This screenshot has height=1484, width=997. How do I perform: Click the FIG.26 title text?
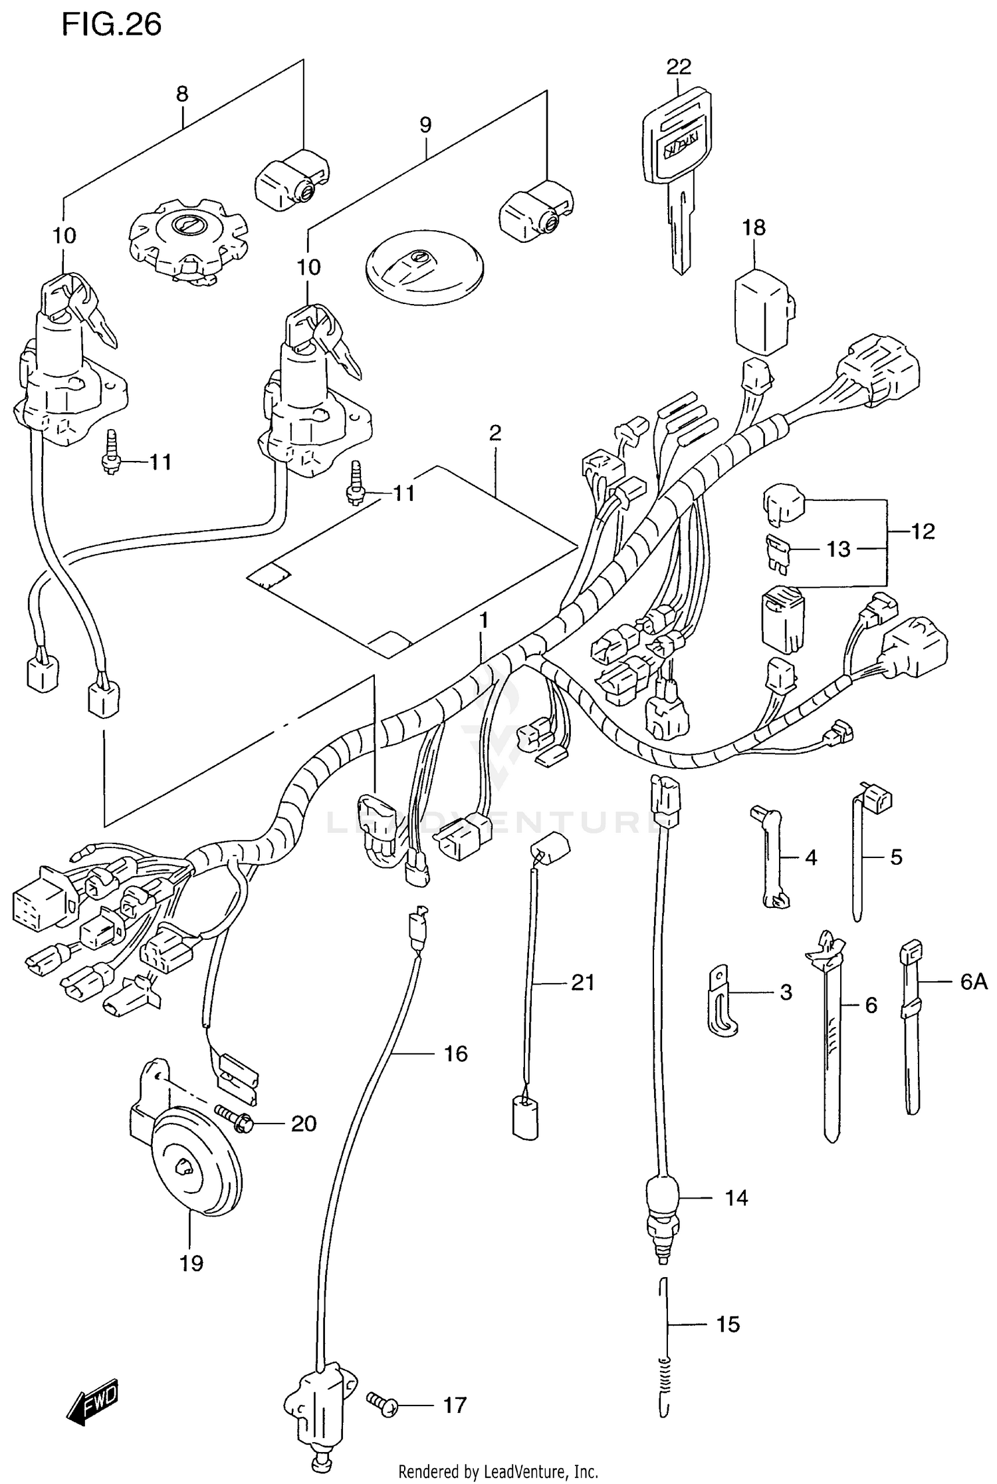111,25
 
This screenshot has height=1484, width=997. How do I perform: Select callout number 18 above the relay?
754,228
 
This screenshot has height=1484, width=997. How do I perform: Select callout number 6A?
974,982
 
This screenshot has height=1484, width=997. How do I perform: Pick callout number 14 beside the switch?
736,1199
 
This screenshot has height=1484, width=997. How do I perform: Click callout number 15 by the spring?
728,1324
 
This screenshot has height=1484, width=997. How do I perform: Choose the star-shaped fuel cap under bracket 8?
187,238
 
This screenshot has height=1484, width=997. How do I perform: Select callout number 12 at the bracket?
923,531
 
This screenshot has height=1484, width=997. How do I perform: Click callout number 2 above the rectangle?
495,434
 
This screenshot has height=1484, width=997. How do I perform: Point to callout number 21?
583,982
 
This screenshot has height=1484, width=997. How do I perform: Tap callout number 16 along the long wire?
456,1054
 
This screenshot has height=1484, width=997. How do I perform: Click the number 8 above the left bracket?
182,94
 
